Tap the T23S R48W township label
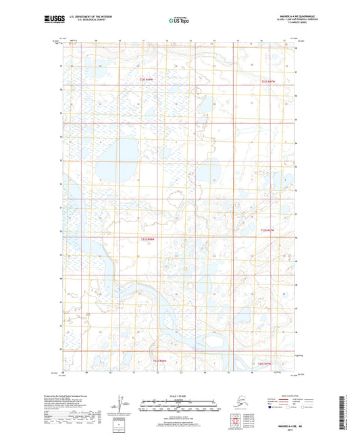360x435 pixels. [149, 238]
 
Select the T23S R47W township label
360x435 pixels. [269, 230]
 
